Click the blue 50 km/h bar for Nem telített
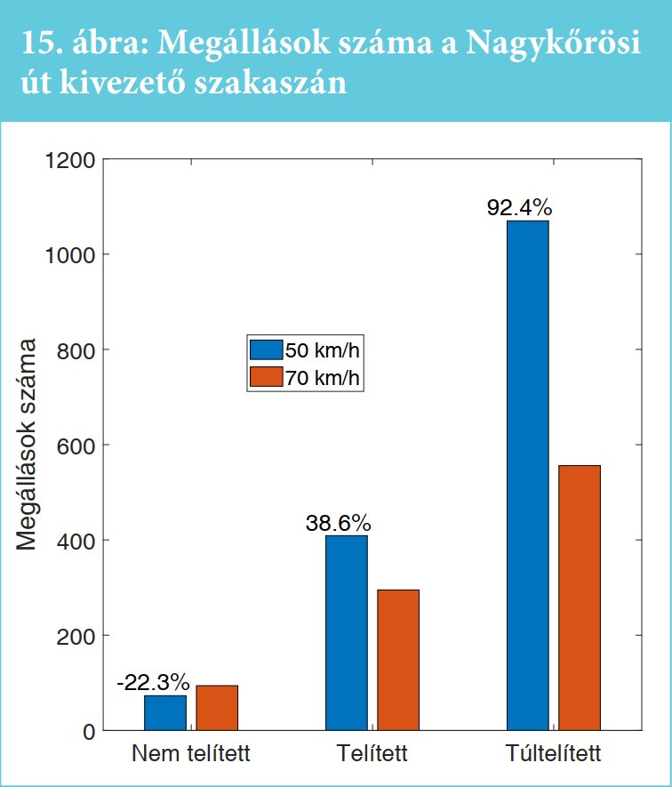click(x=164, y=712)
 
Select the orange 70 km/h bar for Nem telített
click(x=217, y=708)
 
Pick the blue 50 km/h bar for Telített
click(x=346, y=632)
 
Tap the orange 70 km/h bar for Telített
click(x=398, y=660)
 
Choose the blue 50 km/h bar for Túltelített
click(x=527, y=476)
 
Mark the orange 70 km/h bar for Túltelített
click(x=580, y=598)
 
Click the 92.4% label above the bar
click(x=520, y=209)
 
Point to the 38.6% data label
click(x=339, y=523)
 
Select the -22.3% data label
click(x=153, y=683)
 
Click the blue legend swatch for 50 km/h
click(x=265, y=349)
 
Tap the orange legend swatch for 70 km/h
click(x=265, y=377)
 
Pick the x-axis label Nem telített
click(x=191, y=755)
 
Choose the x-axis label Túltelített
click(x=553, y=755)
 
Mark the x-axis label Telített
click(x=372, y=755)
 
